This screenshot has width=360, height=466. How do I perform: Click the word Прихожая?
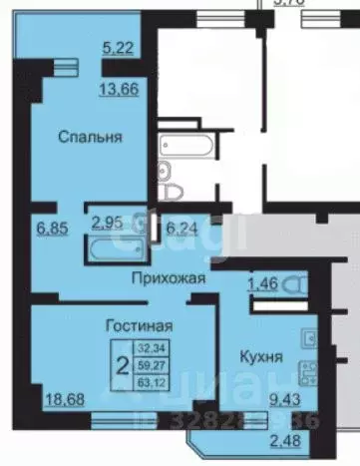point(171,280)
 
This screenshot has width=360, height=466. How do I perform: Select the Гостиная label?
point(140,324)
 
